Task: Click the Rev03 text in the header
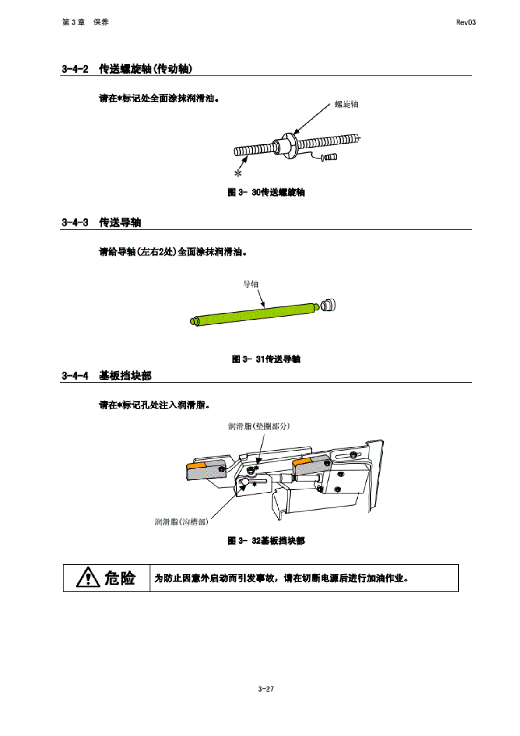(x=465, y=22)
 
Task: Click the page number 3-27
(x=266, y=689)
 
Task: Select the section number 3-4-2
(x=75, y=69)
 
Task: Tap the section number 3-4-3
(x=75, y=222)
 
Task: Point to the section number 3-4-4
(x=75, y=376)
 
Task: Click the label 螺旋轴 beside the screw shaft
(x=346, y=104)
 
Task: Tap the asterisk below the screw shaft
(x=238, y=174)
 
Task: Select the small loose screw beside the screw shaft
(x=329, y=157)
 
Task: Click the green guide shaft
(x=256, y=313)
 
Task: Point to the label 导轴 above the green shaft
(x=251, y=284)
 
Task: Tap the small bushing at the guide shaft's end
(x=328, y=305)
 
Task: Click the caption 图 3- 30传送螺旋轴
(x=266, y=192)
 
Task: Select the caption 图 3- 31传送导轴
(x=266, y=359)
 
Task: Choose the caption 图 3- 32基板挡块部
(x=266, y=541)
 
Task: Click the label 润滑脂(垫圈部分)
(x=259, y=426)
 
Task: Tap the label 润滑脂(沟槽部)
(x=181, y=522)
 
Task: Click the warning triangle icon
(x=88, y=578)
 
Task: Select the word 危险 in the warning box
(x=120, y=578)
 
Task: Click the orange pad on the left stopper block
(x=196, y=465)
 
